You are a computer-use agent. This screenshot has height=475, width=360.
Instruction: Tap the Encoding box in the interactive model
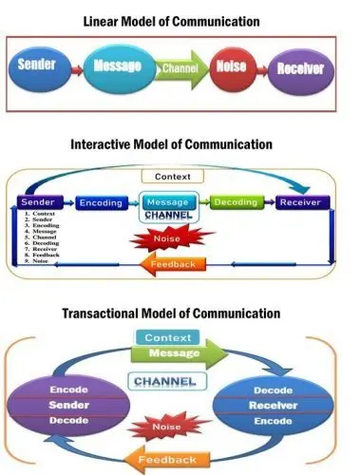pyautogui.click(x=100, y=203)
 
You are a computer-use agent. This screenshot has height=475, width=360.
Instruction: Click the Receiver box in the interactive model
pyautogui.click(x=300, y=203)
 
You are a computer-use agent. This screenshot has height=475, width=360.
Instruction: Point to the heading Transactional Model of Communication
pyautogui.click(x=171, y=313)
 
